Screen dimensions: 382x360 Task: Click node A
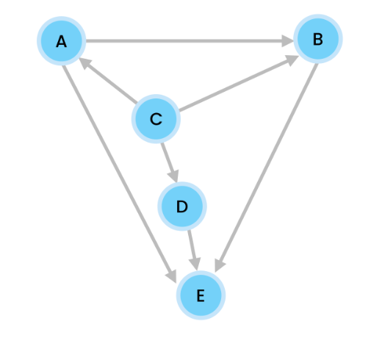(x=62, y=41)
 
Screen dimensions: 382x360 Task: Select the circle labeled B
(x=318, y=39)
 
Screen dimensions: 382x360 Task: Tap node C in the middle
(x=156, y=119)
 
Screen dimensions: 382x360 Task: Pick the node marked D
(x=182, y=206)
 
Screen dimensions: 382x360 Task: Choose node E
(x=201, y=295)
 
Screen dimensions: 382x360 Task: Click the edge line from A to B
(x=190, y=40)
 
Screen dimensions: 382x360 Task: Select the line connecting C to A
(x=108, y=81)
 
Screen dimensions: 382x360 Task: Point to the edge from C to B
(x=239, y=83)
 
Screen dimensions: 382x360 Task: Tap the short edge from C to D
(x=170, y=162)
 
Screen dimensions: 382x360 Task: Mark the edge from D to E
(x=192, y=251)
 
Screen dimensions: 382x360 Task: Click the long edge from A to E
(x=119, y=174)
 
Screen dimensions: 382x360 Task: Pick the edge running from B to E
(x=266, y=168)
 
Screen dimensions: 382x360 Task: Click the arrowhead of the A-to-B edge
(x=287, y=40)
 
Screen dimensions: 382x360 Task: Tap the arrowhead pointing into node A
(x=84, y=62)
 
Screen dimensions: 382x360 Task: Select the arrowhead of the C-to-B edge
(x=292, y=60)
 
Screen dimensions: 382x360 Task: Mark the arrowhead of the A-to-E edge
(x=172, y=277)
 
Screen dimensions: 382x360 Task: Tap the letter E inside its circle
(x=201, y=295)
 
